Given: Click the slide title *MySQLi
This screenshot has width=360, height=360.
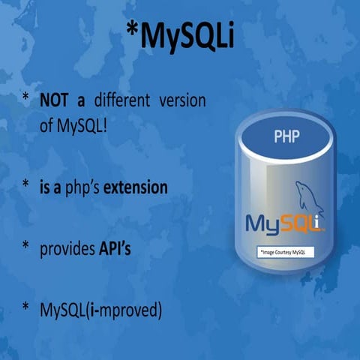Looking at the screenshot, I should (x=179, y=38).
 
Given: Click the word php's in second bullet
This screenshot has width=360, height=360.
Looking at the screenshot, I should (x=82, y=187).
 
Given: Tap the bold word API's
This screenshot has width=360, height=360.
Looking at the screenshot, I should (x=115, y=248).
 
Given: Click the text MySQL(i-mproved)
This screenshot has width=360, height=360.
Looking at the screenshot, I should (x=101, y=309).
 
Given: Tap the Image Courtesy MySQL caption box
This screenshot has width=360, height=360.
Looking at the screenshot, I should (x=286, y=253).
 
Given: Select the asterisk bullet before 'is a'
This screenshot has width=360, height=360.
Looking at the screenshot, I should (x=25, y=184).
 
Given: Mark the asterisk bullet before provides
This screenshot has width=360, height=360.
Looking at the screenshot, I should (x=25, y=247).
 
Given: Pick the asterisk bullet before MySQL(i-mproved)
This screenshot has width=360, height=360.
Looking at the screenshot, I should (x=25, y=307).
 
